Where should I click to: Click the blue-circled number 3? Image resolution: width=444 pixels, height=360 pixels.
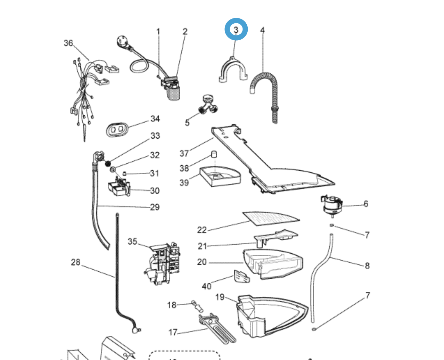[236, 30]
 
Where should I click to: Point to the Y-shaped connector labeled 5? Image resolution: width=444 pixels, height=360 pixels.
[208, 105]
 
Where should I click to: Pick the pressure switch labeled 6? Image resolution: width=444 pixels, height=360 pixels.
[332, 205]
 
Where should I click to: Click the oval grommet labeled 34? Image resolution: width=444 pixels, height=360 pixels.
[117, 129]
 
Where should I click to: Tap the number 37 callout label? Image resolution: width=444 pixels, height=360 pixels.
[184, 153]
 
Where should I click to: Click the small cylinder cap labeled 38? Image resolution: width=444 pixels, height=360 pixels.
[214, 154]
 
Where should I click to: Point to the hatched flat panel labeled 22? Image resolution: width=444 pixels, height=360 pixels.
[271, 218]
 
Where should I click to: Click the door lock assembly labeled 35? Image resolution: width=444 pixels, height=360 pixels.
[162, 262]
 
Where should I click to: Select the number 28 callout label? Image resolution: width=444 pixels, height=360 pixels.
[75, 262]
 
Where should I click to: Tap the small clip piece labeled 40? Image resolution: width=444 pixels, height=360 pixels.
[241, 277]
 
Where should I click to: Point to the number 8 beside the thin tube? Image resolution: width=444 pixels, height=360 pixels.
[367, 266]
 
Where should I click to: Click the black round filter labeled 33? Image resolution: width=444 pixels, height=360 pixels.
[108, 163]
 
